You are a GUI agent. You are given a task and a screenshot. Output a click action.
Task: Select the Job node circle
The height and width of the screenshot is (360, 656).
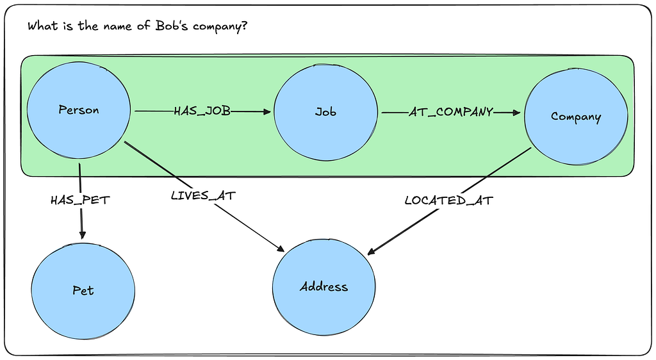(x=325, y=112)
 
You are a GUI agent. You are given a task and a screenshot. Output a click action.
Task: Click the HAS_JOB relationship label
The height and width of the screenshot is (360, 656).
(x=202, y=111)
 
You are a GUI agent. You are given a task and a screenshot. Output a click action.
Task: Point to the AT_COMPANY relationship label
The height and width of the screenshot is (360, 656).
(x=451, y=112)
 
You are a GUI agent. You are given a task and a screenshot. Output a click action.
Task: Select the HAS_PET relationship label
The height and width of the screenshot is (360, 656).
(x=80, y=200)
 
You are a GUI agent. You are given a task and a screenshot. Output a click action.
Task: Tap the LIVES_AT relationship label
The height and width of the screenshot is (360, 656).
(x=203, y=196)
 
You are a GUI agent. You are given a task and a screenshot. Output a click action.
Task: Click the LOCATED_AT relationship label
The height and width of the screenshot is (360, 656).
(x=448, y=200)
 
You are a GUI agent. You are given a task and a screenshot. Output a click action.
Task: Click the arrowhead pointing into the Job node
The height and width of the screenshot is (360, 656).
(x=266, y=112)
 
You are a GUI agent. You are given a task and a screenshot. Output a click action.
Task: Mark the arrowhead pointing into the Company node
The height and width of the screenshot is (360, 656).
(x=516, y=113)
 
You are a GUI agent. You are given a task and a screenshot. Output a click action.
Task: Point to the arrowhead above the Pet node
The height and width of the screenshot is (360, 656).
(x=82, y=235)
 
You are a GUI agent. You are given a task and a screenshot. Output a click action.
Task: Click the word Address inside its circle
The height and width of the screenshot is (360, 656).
(x=324, y=286)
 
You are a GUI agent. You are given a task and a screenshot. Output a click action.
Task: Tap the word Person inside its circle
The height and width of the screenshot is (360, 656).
(x=79, y=110)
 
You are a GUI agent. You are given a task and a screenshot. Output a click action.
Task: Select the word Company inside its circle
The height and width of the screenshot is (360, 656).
(x=575, y=117)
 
